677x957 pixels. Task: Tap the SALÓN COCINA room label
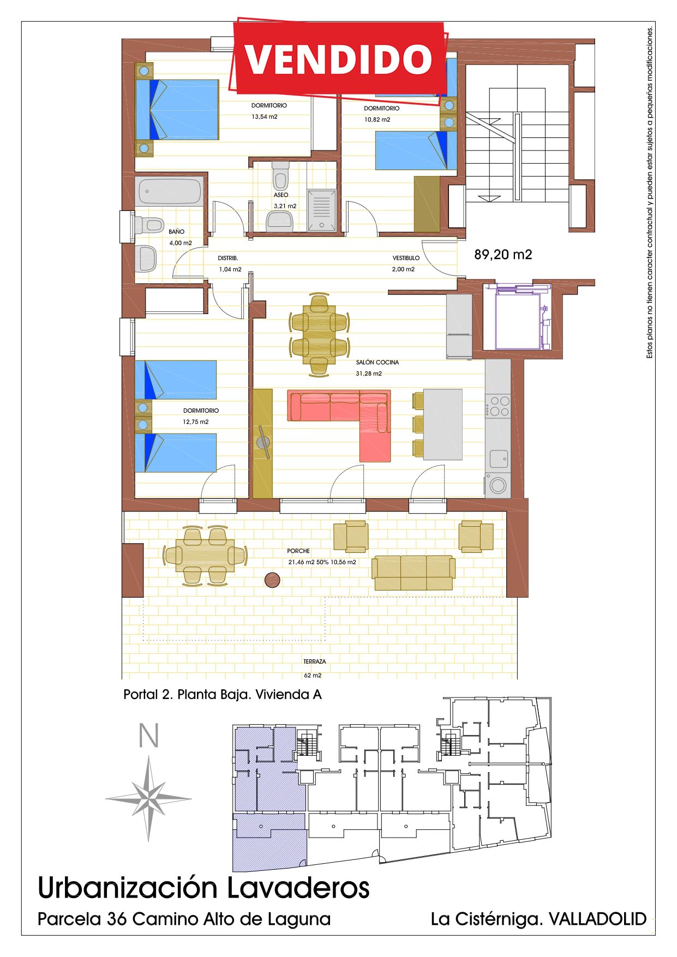(x=377, y=362)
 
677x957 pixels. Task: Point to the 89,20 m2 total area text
(x=503, y=255)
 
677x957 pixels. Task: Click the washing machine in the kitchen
(x=498, y=485)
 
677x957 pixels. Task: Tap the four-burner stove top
(x=498, y=406)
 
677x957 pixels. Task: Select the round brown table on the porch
(x=272, y=580)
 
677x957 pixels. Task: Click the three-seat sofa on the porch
(x=414, y=573)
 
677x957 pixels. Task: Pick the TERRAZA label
(x=314, y=661)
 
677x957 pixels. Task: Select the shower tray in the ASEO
(x=321, y=209)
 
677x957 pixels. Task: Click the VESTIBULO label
(x=406, y=258)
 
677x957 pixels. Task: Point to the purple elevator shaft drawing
(x=523, y=316)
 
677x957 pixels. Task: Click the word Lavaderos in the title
(x=298, y=888)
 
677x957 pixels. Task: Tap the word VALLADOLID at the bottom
(x=597, y=919)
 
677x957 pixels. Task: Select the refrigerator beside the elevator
(x=459, y=327)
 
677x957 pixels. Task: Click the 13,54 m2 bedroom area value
(x=265, y=117)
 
